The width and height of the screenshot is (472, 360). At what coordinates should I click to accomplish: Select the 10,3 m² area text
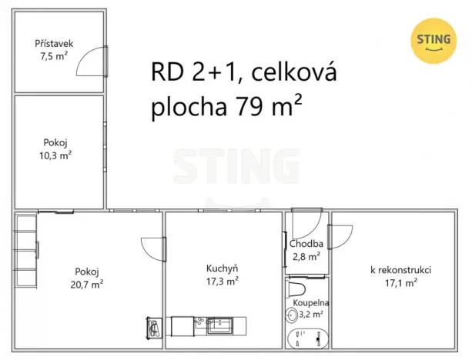click(55, 155)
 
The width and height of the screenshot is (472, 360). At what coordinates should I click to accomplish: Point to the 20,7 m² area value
click(87, 283)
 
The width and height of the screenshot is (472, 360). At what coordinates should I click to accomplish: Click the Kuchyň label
click(221, 268)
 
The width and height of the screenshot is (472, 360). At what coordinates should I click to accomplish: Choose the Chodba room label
click(306, 245)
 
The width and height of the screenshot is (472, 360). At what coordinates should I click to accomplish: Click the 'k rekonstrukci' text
click(400, 270)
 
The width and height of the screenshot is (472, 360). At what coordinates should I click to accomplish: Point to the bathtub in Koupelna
click(308, 338)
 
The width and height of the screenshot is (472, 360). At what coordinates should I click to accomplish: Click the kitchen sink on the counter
click(220, 326)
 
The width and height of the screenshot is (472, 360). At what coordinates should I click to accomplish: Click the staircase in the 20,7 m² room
click(25, 251)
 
